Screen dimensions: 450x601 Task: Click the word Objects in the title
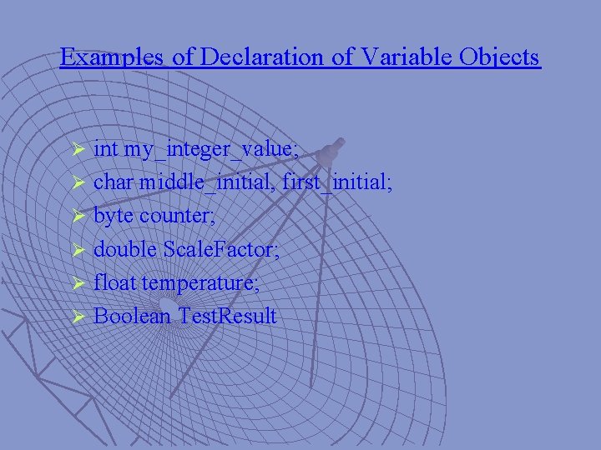pyautogui.click(x=500, y=57)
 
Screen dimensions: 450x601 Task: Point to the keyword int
pyautogui.click(x=106, y=149)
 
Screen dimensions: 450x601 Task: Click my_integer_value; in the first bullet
pyautogui.click(x=211, y=150)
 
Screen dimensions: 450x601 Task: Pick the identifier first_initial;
pyautogui.click(x=337, y=182)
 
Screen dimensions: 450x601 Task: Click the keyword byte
pyautogui.click(x=114, y=216)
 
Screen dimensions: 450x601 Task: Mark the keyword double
pyautogui.click(x=125, y=249)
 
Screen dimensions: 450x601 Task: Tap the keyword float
pyautogui.click(x=115, y=282)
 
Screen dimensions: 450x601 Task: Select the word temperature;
pyautogui.click(x=201, y=283)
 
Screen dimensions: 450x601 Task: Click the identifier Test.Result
pyautogui.click(x=227, y=316)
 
